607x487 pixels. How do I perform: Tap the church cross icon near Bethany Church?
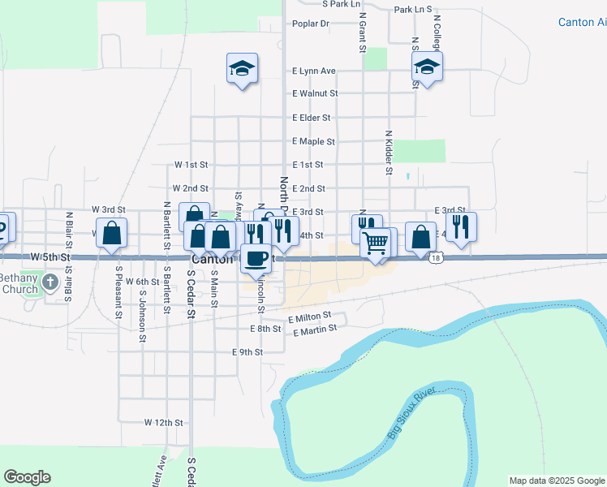[50, 282]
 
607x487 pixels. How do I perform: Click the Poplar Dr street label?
[311, 24]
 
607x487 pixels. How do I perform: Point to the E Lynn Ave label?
[314, 71]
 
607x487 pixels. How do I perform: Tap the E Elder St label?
[314, 118]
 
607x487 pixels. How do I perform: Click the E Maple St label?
[314, 141]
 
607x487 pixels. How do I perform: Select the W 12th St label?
[164, 423]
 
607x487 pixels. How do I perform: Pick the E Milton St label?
[310, 315]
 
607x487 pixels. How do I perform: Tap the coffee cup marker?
[256, 258]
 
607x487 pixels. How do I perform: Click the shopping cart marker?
[375, 242]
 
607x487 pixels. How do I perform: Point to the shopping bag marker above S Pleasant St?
[112, 232]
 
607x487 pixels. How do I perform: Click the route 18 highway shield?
[437, 257]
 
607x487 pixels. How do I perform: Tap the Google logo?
[27, 477]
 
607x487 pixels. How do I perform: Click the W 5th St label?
[50, 256]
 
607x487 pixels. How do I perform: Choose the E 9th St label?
[248, 352]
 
